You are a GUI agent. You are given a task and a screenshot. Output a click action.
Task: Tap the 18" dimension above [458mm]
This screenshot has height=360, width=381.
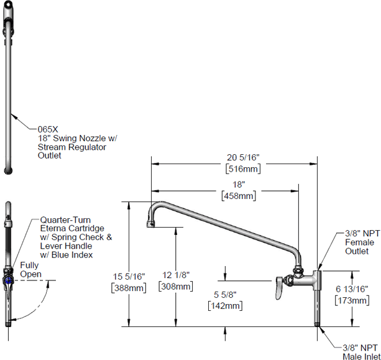coord(239,185)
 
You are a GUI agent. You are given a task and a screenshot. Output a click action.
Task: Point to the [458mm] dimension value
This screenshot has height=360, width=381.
coord(239,195)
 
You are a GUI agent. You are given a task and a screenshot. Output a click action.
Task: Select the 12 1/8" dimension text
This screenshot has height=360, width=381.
coord(176,275)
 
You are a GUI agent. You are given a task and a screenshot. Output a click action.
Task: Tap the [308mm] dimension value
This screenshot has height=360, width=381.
coord(176,286)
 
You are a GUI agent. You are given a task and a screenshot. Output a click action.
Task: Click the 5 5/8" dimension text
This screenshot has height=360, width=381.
coord(224,295)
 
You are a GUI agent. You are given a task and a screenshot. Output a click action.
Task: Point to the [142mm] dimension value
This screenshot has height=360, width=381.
coord(224,305)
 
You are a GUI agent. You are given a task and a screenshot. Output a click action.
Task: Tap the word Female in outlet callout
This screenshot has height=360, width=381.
coord(357,243)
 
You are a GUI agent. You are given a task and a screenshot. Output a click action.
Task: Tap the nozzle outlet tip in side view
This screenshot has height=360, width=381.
coord(152,223)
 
